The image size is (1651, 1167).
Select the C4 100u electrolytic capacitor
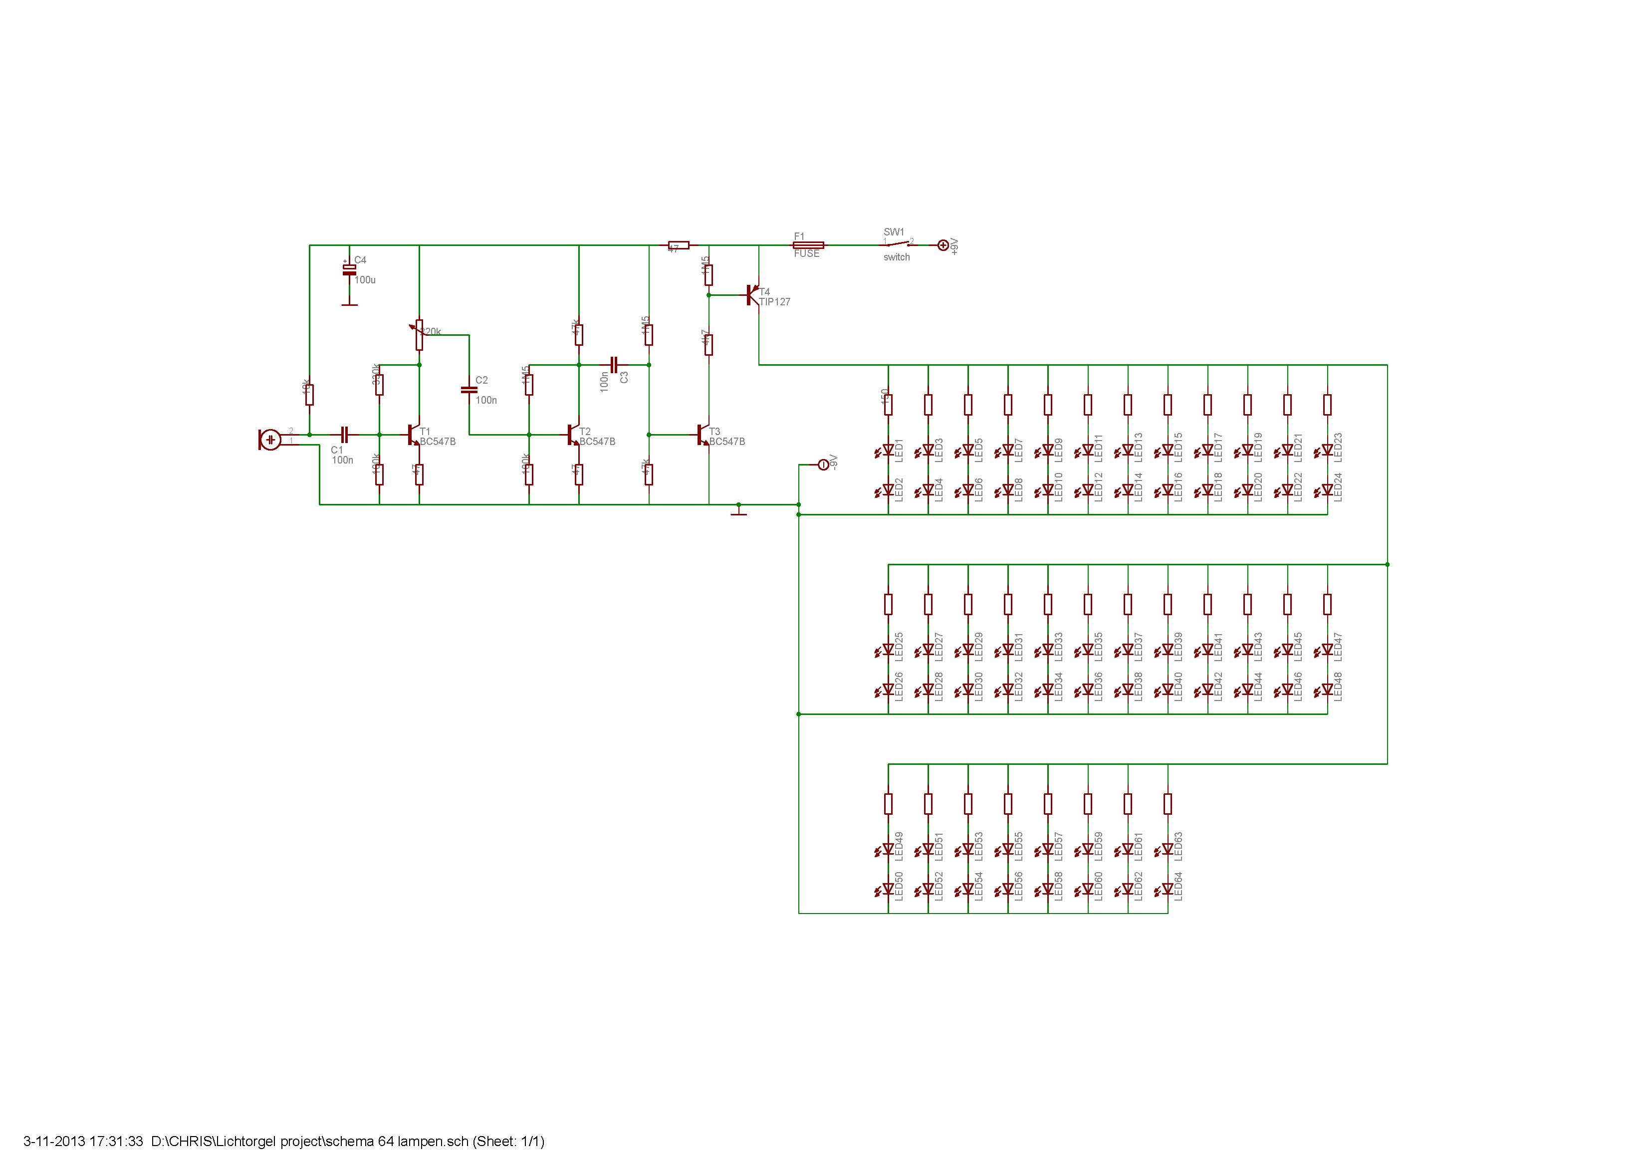(x=349, y=269)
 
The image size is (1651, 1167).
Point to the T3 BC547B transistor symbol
(x=703, y=434)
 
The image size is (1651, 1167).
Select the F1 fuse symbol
(x=807, y=245)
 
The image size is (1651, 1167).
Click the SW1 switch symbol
(x=898, y=244)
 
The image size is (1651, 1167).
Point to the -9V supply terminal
(x=823, y=465)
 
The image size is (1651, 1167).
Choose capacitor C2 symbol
(x=469, y=390)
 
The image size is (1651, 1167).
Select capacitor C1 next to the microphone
(x=344, y=434)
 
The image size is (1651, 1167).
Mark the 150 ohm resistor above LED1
(x=889, y=405)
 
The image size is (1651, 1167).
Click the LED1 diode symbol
(x=889, y=451)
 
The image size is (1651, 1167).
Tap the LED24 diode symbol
(x=1327, y=490)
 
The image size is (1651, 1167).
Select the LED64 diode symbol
(x=1168, y=890)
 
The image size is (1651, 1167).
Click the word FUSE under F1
(x=806, y=254)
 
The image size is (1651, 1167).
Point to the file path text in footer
(x=310, y=1141)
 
